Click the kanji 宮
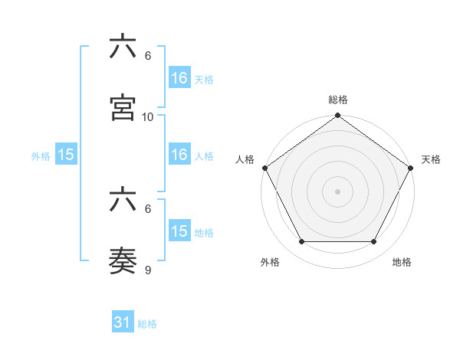123,108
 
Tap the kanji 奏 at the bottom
123,262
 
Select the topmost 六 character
123,47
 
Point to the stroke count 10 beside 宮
148,117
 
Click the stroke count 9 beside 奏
148,270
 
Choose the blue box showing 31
123,323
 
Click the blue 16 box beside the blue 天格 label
179,78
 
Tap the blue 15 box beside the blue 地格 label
179,231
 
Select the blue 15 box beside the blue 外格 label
66,155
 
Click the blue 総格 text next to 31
147,324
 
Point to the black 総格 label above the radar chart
338,100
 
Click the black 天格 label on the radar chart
431,159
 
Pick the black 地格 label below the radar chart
402,262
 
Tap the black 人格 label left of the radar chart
245,159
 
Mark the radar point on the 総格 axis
338,116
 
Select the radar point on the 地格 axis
374,242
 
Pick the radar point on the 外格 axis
301,242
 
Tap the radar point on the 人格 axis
265,168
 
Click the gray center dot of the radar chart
338,191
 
